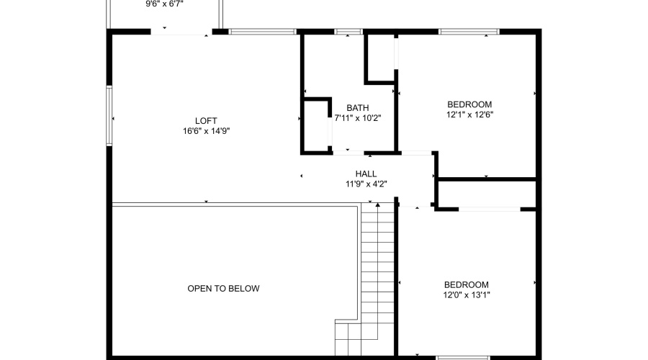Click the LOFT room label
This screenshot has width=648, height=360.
(x=206, y=120)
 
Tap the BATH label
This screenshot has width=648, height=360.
(x=357, y=108)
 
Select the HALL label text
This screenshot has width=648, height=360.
(x=366, y=174)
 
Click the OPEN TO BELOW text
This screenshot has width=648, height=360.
(x=223, y=289)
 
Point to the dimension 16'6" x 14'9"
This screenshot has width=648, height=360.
(x=206, y=131)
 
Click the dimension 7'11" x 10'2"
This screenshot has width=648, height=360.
(x=357, y=118)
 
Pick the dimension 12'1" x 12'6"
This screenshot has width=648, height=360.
(x=469, y=114)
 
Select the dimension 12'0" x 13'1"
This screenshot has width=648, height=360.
(x=466, y=294)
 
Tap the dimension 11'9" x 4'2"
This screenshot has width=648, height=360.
(x=366, y=184)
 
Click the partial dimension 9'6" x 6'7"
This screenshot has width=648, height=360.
(x=166, y=4)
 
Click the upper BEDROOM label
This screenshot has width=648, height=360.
(x=469, y=104)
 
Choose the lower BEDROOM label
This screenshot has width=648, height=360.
(x=466, y=284)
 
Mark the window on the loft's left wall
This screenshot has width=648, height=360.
(x=109, y=117)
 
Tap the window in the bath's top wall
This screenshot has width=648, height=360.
(x=348, y=32)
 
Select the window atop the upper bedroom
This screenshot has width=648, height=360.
(x=469, y=32)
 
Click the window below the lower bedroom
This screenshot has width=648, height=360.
(x=463, y=356)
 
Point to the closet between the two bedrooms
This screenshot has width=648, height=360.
(x=487, y=194)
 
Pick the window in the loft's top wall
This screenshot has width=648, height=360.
(x=262, y=32)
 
